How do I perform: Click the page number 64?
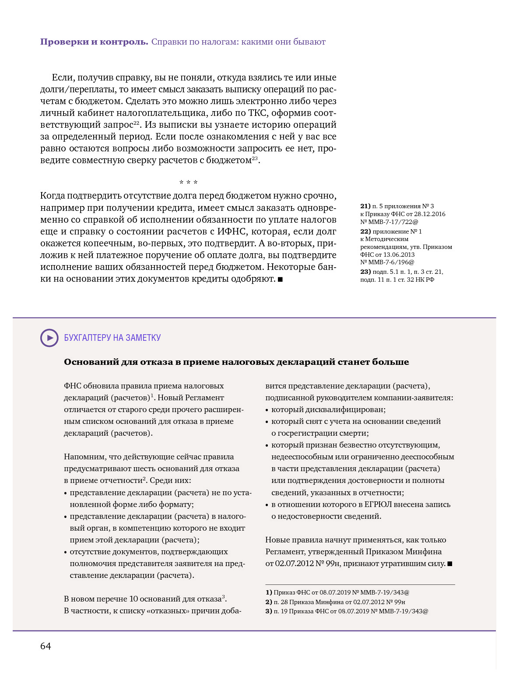[x=46, y=646]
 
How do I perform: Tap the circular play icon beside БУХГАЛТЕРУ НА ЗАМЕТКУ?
[x=49, y=338]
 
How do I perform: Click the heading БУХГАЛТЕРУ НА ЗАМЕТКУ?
[x=112, y=338]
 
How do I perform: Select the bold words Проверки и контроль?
[x=94, y=42]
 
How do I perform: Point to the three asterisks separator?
[x=188, y=182]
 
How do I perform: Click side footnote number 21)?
[x=365, y=206]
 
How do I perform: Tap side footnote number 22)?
[x=365, y=231]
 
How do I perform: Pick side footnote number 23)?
[x=365, y=272]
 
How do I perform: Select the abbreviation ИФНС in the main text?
[x=232, y=231]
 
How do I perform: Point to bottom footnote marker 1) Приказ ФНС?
[x=269, y=592]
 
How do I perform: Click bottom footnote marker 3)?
[x=269, y=611]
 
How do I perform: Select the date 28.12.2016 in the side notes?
[x=431, y=214]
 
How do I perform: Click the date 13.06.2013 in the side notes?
[x=399, y=255]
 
